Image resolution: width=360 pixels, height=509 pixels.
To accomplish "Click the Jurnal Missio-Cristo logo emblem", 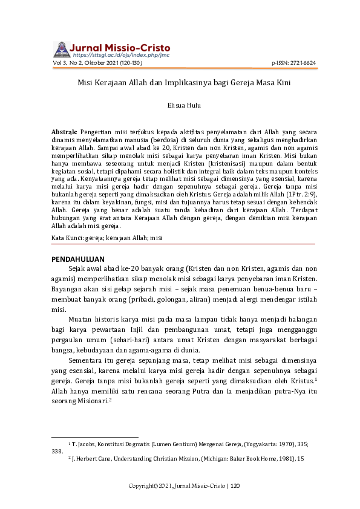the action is tap(62, 50).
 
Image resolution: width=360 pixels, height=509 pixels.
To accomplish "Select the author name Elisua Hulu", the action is tap(180, 105).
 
